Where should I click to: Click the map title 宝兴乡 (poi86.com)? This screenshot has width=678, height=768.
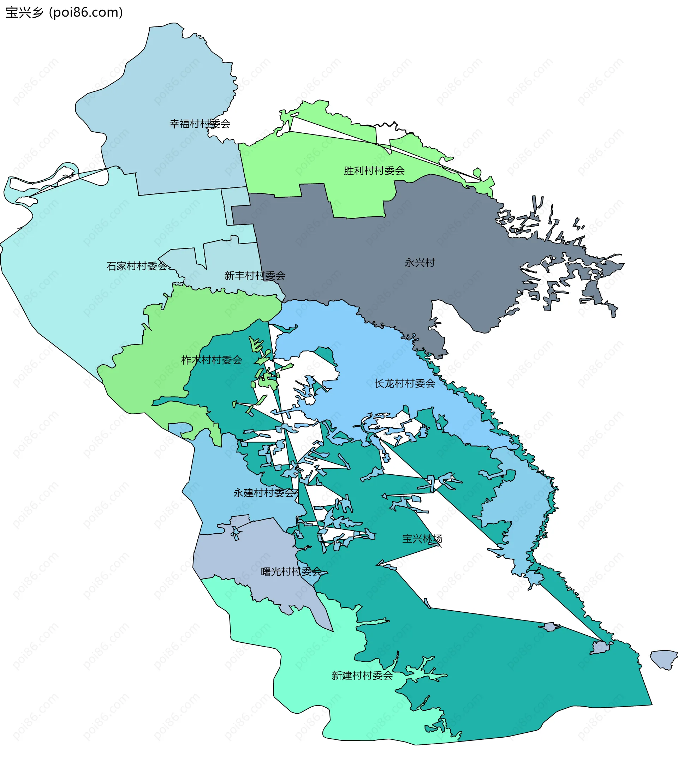tap(64, 13)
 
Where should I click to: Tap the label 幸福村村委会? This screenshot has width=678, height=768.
tap(200, 124)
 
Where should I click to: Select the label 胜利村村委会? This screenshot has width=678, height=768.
tap(374, 171)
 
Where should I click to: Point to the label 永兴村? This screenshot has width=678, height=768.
tap(420, 263)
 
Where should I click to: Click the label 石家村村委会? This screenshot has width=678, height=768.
tap(137, 266)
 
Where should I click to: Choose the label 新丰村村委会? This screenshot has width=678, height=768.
tap(255, 276)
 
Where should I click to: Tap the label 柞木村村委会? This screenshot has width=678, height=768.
tap(212, 360)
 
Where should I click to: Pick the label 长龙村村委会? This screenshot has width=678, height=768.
tap(404, 384)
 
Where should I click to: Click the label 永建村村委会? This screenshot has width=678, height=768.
tap(264, 493)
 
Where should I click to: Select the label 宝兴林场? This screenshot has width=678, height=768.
tap(422, 539)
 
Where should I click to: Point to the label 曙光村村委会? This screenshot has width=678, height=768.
tap(291, 572)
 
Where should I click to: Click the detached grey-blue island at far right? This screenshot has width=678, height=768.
tap(665, 659)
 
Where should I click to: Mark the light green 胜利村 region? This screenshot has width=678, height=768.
tap(286, 165)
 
